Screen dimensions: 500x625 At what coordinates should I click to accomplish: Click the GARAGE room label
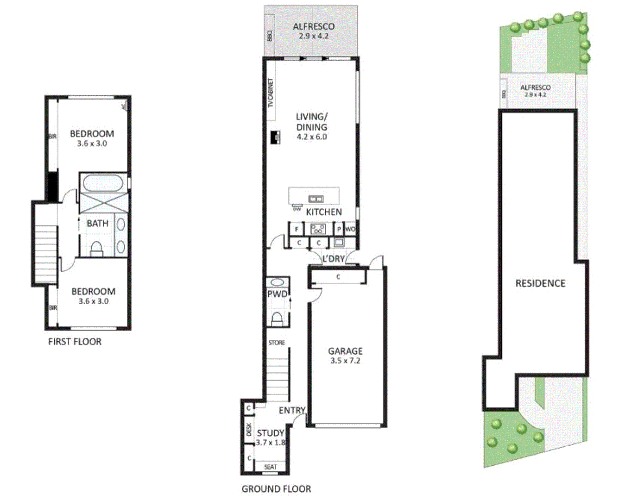click(x=345, y=351)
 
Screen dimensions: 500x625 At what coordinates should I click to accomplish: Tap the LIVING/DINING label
click(x=311, y=122)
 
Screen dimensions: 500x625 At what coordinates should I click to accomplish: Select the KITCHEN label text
click(x=324, y=212)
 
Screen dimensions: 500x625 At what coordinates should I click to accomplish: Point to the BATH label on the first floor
click(x=97, y=224)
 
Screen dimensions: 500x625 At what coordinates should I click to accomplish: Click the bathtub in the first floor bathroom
click(x=103, y=183)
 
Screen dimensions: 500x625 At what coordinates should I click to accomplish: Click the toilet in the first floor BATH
click(x=96, y=249)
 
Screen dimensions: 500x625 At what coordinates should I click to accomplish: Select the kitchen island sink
click(x=316, y=199)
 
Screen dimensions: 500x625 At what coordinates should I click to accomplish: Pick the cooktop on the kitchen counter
click(x=318, y=229)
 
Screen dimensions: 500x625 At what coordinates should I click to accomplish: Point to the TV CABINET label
click(x=271, y=93)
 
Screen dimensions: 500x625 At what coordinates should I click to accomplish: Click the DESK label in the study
click(x=248, y=429)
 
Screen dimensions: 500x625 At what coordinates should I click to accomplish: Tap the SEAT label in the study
click(x=270, y=467)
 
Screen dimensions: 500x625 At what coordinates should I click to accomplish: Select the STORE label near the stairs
click(x=277, y=343)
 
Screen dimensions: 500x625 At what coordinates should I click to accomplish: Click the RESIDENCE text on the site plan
click(x=540, y=283)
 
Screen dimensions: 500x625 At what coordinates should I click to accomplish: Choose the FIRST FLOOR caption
click(x=75, y=342)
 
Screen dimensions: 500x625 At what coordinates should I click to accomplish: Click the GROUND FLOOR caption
click(x=276, y=489)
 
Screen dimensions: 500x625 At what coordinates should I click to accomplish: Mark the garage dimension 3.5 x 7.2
click(x=345, y=361)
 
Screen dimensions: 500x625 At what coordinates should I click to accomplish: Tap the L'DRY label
click(x=334, y=259)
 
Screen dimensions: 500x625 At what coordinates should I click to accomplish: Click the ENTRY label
click(x=292, y=410)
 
